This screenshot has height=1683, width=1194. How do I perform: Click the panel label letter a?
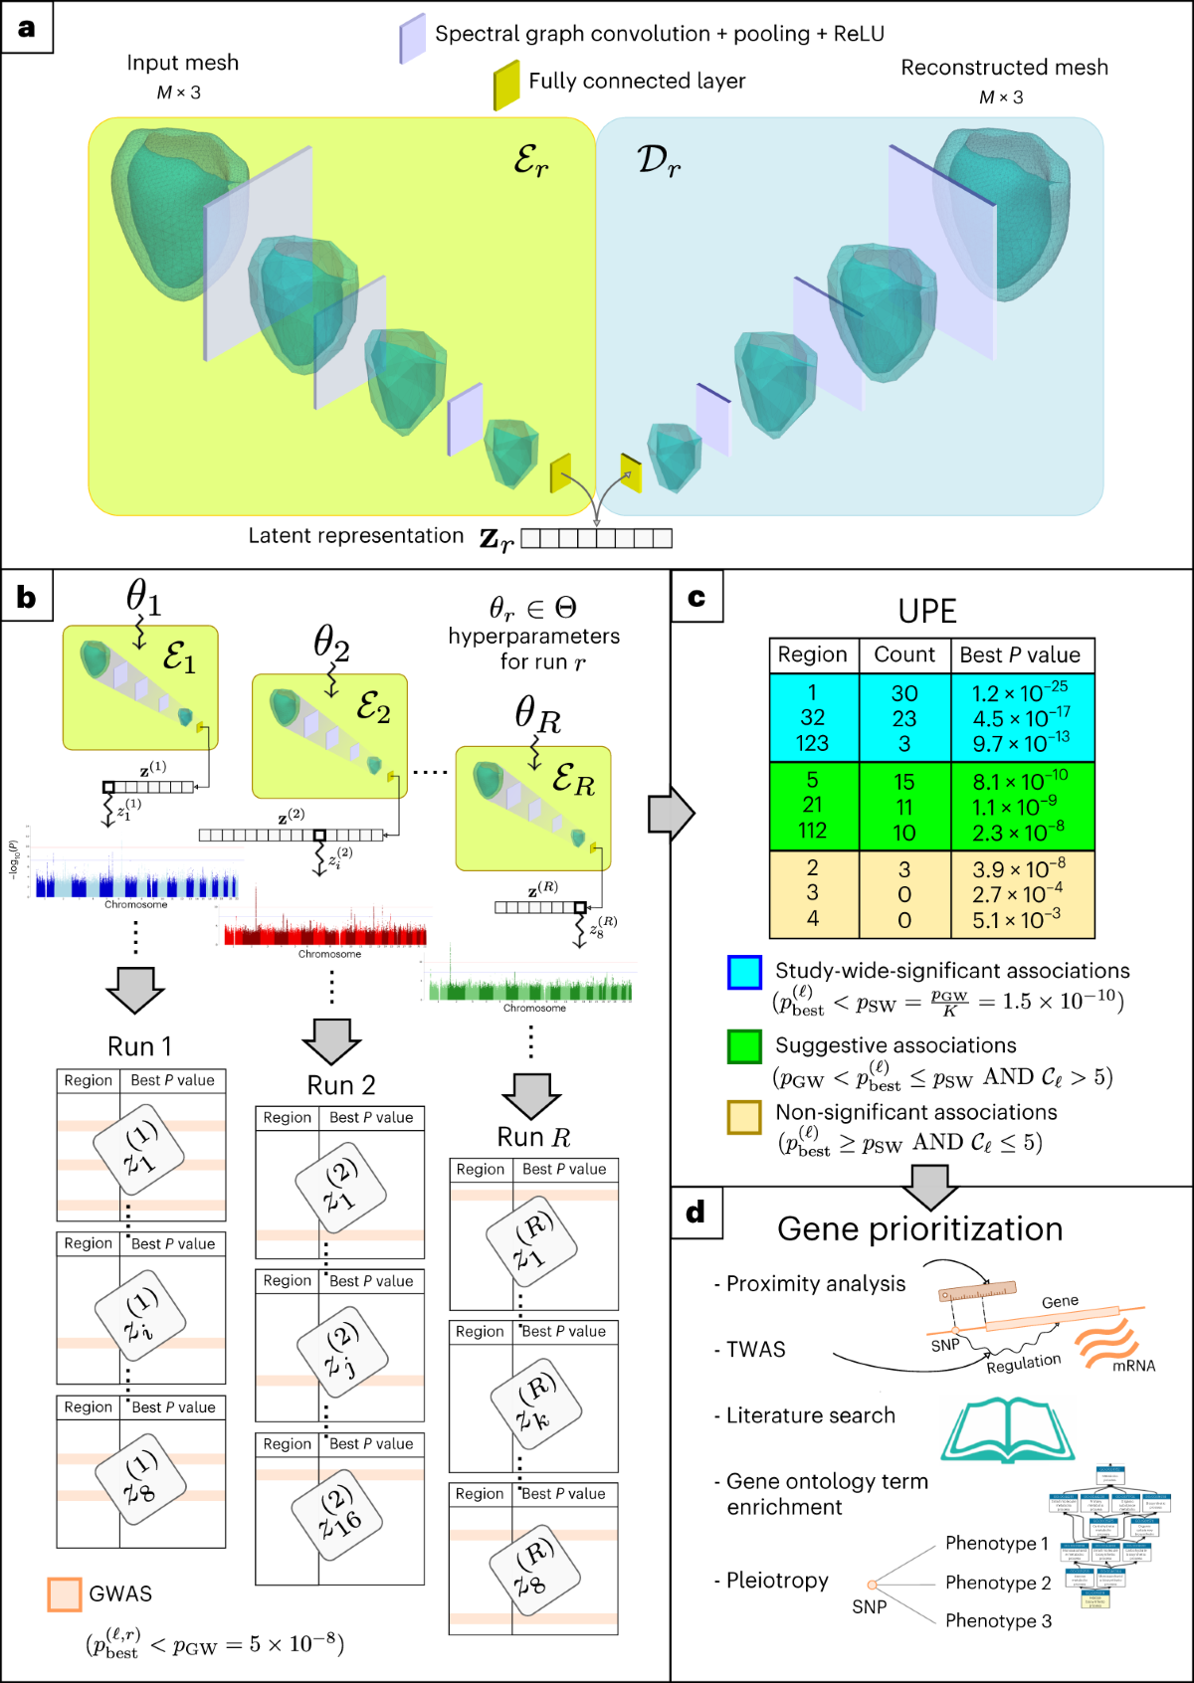27,27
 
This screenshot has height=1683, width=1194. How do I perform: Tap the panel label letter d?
696,1212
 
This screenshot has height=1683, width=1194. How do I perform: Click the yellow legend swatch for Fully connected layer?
506,85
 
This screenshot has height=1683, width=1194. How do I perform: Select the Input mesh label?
182,63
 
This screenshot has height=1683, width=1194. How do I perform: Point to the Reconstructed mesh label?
1004,68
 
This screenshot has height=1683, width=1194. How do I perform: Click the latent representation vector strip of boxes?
596,538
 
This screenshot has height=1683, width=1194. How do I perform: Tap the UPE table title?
927,611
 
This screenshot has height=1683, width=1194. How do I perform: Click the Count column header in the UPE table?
904,654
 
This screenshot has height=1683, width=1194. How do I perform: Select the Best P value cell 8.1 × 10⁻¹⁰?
1020,781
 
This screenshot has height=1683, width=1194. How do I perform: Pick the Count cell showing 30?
904,693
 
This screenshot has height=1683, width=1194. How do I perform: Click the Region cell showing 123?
812,743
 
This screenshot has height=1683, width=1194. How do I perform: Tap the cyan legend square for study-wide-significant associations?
744,972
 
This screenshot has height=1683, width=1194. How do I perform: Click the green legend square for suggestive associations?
744,1046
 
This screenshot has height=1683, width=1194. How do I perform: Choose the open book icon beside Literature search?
1007,1429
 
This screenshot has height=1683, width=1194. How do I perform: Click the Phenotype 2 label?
998,1583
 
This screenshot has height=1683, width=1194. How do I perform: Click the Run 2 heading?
340,1085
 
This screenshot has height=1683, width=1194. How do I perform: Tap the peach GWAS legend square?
65,1594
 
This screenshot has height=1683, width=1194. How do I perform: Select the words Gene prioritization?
919,1229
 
